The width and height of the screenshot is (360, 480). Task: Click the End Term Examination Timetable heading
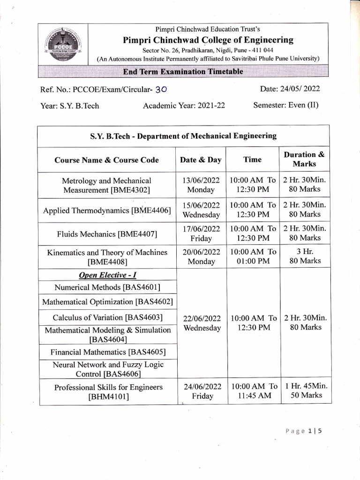pyautogui.click(x=183, y=72)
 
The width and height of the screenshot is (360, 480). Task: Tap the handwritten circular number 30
pyautogui.click(x=161, y=90)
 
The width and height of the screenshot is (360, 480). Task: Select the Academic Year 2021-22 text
pyautogui.click(x=184, y=105)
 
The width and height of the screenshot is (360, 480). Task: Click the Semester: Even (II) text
pyautogui.click(x=285, y=105)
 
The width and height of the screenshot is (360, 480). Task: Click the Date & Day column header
pyautogui.click(x=201, y=160)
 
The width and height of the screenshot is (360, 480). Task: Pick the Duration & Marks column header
pyautogui.click(x=304, y=159)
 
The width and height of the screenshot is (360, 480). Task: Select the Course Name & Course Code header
pyautogui.click(x=106, y=160)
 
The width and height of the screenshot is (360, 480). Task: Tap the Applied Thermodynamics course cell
pyautogui.click(x=107, y=210)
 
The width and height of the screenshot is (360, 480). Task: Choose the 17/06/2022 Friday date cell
pyautogui.click(x=201, y=233)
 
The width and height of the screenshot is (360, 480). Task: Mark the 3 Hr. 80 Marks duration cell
pyautogui.click(x=305, y=256)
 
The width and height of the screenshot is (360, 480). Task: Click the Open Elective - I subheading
pyautogui.click(x=107, y=275)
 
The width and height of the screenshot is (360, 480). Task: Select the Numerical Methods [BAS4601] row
pyautogui.click(x=108, y=287)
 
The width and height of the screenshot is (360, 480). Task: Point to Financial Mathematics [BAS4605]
pyautogui.click(x=108, y=352)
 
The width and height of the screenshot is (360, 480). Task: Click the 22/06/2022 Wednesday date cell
pyautogui.click(x=202, y=323)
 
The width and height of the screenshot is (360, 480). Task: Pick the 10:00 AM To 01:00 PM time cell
pyautogui.click(x=253, y=256)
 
